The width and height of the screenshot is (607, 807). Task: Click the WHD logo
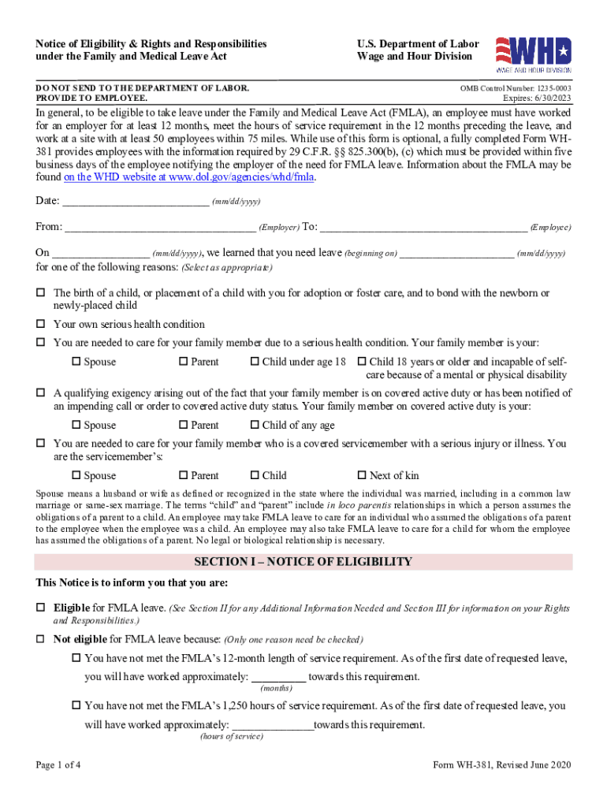click(533, 52)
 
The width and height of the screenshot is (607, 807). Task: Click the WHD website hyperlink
click(189, 177)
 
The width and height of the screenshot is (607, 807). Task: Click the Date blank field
click(135, 202)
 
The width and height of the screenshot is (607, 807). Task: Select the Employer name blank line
click(160, 228)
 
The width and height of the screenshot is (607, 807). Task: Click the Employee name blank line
click(423, 228)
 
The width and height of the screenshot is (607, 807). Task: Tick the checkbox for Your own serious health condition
click(41, 325)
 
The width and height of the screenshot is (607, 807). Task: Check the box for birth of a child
click(41, 293)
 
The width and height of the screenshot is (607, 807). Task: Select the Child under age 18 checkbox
click(255, 362)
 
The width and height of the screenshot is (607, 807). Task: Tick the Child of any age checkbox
click(255, 426)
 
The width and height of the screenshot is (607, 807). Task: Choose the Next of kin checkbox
click(362, 476)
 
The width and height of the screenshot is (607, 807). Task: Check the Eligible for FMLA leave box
click(41, 609)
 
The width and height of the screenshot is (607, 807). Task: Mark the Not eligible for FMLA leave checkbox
click(41, 639)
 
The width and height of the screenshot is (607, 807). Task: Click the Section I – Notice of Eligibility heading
click(303, 562)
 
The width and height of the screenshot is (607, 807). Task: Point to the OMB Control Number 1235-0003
click(516, 89)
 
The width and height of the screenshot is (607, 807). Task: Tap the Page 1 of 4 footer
click(58, 765)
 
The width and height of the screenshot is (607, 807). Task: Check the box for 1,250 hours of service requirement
click(76, 706)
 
